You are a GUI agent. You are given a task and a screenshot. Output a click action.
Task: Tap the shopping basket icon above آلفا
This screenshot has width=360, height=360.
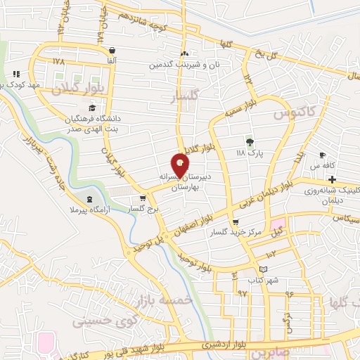click(x=112, y=50)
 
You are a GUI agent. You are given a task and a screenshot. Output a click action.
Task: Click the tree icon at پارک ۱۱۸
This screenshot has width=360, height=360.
click(x=248, y=141)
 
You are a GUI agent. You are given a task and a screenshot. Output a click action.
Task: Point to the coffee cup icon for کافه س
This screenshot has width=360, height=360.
click(x=323, y=155)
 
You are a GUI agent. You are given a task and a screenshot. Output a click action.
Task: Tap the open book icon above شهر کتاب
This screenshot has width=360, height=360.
click(x=263, y=269)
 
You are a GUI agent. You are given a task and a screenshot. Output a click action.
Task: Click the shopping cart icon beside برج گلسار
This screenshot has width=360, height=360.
click(x=143, y=199)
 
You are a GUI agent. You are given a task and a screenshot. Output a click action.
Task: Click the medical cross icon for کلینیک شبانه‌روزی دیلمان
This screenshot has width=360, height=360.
click(x=332, y=180)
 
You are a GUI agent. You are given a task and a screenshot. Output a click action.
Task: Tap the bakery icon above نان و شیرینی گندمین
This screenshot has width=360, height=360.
click(x=184, y=54)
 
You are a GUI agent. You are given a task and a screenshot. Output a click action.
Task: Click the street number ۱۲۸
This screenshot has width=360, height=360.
click(x=58, y=61)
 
